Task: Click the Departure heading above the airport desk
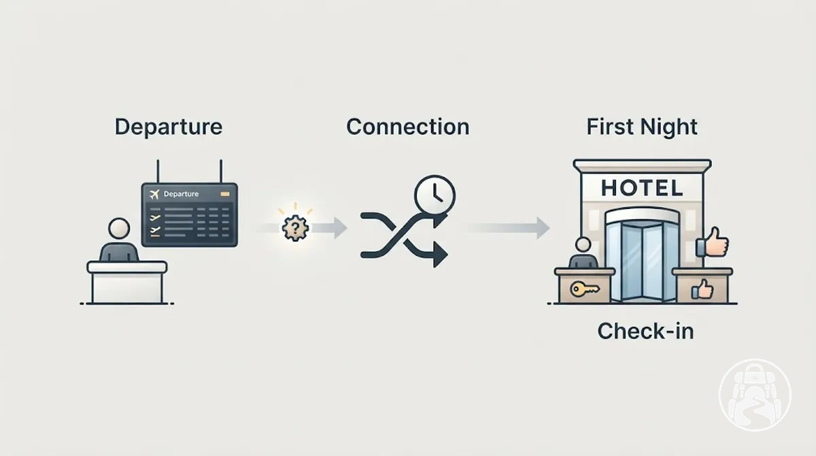pos(169,127)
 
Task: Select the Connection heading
pos(407,127)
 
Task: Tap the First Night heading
pos(642,127)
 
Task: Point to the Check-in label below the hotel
pos(645,331)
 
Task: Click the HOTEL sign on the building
pos(642,188)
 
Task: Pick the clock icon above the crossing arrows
pos(435,195)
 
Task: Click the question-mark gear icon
pos(295,228)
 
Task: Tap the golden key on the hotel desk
pos(584,289)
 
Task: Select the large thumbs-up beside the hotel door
pos(712,242)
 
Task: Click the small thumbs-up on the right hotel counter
pos(702,289)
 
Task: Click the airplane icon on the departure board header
pos(154,194)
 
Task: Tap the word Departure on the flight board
pos(181,194)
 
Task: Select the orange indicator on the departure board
pos(225,194)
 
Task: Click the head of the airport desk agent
pos(119,229)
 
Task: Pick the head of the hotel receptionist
pos(583,244)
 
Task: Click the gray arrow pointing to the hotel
pos(507,228)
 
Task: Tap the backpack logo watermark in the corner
pos(755,395)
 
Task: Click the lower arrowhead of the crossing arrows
pos(440,255)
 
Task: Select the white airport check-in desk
pos(127,282)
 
